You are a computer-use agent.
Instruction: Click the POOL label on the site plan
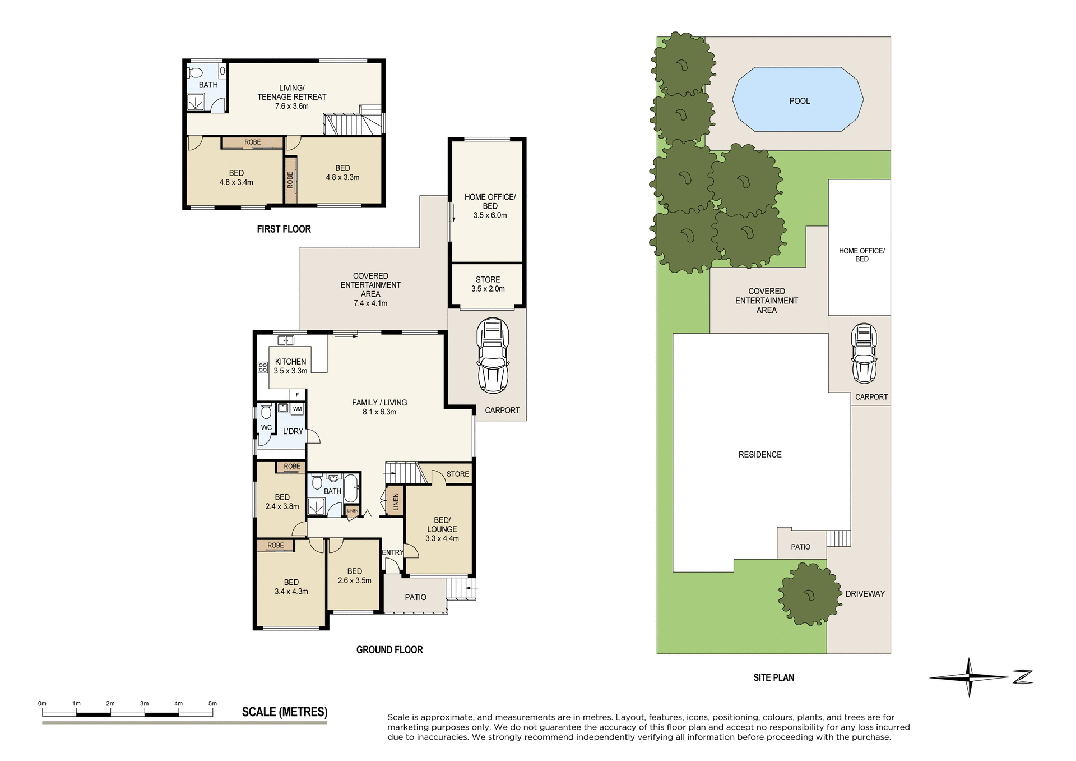click(x=799, y=101)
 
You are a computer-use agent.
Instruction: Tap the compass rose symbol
click(x=969, y=677)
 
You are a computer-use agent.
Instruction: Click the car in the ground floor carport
click(x=492, y=356)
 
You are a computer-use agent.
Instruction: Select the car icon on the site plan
click(x=864, y=353)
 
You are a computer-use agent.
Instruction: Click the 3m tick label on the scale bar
click(x=144, y=703)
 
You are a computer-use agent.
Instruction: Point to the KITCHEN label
click(x=290, y=362)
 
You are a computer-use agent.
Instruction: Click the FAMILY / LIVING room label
click(x=379, y=403)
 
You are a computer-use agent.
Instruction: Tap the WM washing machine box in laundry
click(x=297, y=409)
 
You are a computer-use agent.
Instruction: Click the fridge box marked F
click(x=297, y=395)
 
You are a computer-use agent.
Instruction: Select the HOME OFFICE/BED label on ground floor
click(x=490, y=201)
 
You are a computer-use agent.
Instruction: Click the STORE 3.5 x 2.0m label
click(x=488, y=284)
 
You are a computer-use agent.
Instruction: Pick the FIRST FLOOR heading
click(x=284, y=229)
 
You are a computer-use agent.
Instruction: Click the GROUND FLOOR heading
click(x=389, y=649)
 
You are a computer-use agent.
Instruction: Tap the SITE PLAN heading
click(x=773, y=677)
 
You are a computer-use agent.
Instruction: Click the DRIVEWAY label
click(x=865, y=593)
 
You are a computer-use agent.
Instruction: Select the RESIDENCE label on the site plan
click(x=760, y=454)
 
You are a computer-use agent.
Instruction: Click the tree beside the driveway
click(x=809, y=594)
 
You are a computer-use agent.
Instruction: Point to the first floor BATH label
click(x=208, y=85)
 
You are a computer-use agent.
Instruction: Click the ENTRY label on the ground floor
click(x=392, y=552)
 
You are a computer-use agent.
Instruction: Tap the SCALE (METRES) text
click(x=284, y=712)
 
